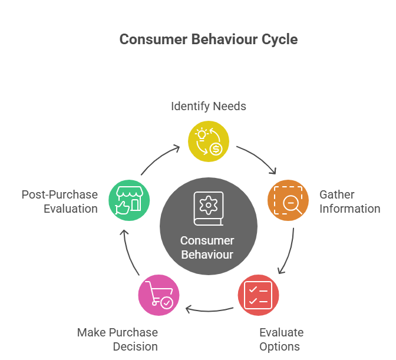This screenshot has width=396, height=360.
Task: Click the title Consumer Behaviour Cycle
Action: point(208,39)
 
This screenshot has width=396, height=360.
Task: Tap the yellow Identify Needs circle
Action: point(209,141)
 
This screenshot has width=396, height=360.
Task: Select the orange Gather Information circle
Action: point(288,199)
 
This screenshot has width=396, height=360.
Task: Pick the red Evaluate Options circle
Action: point(258,295)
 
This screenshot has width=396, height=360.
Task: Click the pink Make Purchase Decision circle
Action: point(159,295)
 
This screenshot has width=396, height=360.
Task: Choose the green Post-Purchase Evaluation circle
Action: point(129,200)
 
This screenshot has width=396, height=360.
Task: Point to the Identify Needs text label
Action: point(209,107)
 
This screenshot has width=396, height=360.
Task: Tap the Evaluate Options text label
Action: point(281,340)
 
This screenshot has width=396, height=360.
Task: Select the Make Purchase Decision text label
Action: point(117,339)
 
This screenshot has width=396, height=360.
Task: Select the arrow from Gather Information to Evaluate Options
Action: point(289,250)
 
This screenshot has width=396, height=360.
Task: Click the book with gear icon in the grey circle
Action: point(207,209)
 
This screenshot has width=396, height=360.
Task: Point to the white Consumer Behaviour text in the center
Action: point(207,248)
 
